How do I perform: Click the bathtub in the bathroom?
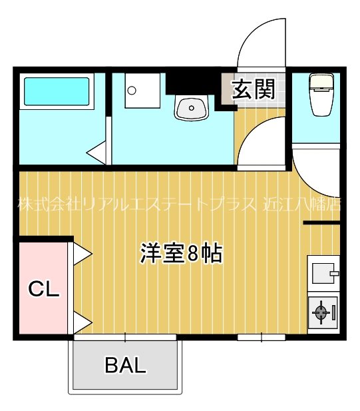click(57, 92)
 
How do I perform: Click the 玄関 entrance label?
click(253, 89)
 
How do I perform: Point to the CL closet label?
click(43, 289)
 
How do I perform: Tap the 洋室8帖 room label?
click(180, 253)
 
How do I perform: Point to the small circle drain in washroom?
click(132, 91)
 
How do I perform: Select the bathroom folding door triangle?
click(97, 151)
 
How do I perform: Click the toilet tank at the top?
click(321, 82)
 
